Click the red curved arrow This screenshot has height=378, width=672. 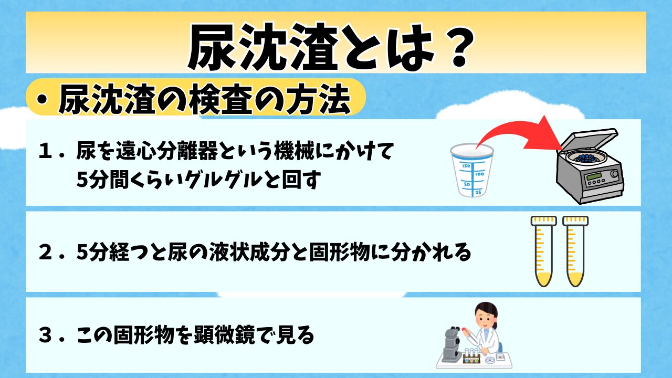coord(510,126)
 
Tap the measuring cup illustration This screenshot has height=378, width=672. coord(472,170)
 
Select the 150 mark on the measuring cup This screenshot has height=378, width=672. coord(466,166)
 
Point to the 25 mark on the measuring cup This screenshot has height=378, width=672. coord(478,192)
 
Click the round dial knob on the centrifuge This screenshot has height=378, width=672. coord(614,174)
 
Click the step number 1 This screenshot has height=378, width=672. coord(44,151)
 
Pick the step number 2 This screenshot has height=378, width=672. coord(45,253)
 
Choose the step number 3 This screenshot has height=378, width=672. coord(45,335)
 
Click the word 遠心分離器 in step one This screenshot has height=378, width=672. coord(167,151)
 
